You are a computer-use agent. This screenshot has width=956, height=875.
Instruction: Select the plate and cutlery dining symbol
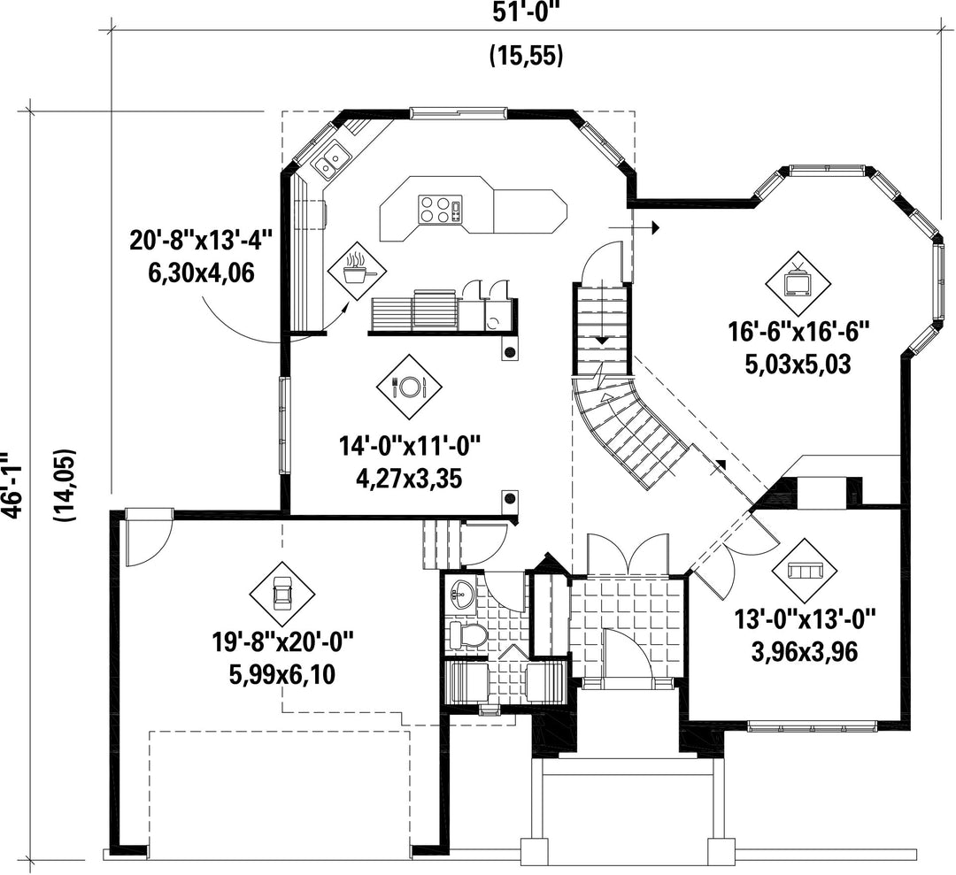point(409,387)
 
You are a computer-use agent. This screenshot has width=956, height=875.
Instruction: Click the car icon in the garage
point(282,593)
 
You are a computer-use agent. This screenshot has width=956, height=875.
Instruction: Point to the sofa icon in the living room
point(805,570)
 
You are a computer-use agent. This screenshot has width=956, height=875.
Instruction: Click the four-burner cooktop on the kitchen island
point(440,209)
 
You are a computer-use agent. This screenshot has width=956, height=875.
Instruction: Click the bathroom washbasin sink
point(463,595)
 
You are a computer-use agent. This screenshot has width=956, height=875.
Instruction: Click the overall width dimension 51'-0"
point(526,13)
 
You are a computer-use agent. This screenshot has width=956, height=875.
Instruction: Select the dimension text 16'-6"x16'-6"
point(798,333)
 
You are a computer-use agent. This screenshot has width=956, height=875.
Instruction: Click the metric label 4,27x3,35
point(408,479)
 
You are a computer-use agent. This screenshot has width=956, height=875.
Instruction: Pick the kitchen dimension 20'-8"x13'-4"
point(201,240)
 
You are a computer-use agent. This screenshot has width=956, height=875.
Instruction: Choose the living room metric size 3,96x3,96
point(805,652)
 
